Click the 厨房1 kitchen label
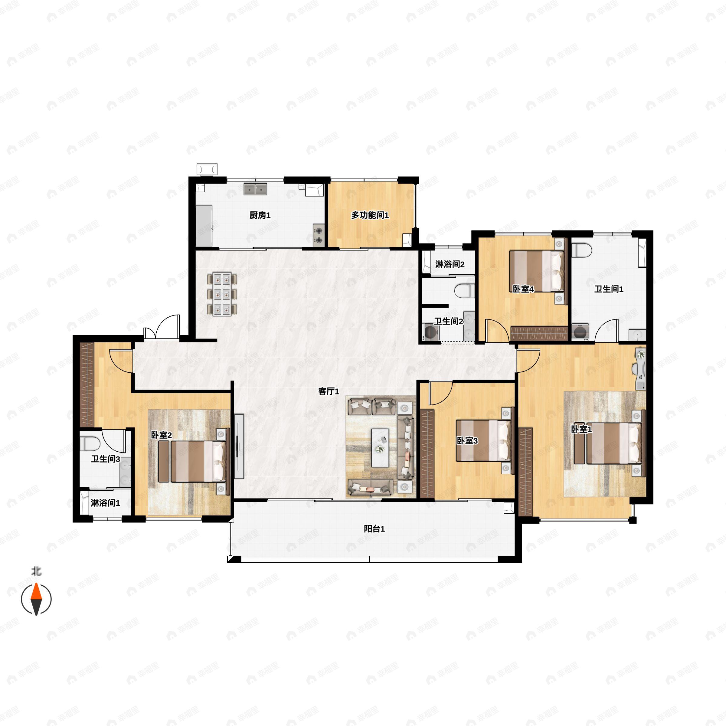point(260,215)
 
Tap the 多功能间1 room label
point(370,215)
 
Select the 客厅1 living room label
point(329,391)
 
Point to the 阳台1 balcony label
point(374,529)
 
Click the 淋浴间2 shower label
point(450,264)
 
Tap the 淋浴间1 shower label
point(105,503)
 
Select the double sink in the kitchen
point(255,189)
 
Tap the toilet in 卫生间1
point(582,250)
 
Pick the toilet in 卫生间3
point(90,444)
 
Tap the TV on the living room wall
point(238,446)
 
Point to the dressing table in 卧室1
point(640,369)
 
